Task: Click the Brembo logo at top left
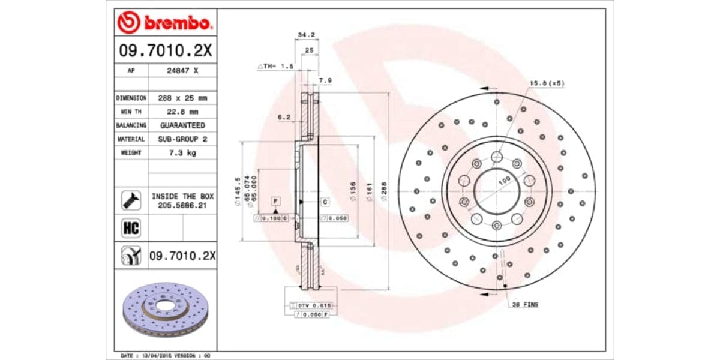(164, 23)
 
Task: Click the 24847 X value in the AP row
(182, 70)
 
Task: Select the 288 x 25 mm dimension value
(182, 98)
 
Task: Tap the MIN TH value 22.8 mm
(182, 111)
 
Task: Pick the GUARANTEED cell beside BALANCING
(182, 125)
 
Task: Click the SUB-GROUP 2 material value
(182, 139)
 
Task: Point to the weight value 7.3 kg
(182, 152)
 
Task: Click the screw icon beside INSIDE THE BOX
(131, 200)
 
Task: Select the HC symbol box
(131, 228)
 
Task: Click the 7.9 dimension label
(325, 80)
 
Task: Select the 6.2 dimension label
(283, 118)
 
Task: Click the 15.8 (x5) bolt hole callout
(547, 83)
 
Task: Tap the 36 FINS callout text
(525, 305)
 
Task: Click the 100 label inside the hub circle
(504, 180)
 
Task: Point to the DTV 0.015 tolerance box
(310, 305)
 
